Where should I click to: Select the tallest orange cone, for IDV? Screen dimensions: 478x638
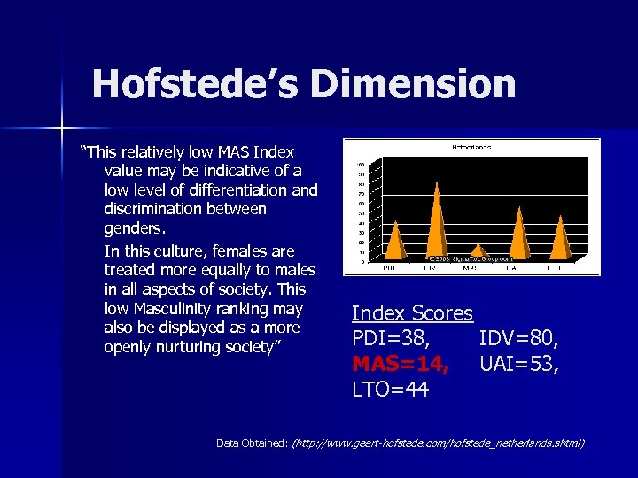[x=435, y=221]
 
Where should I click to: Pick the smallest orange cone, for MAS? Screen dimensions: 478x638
[x=477, y=251]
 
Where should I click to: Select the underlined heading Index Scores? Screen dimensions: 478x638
[x=412, y=313]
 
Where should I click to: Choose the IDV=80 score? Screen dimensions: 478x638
[x=518, y=338]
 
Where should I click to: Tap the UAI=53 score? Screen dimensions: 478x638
[x=518, y=363]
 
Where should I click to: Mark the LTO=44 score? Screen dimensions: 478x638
[x=390, y=388]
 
